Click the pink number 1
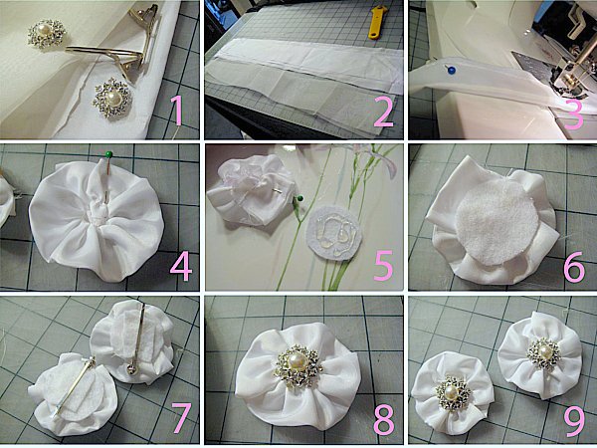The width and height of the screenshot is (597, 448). (178, 111)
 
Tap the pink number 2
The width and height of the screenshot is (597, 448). (383, 112)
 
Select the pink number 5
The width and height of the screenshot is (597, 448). (383, 266)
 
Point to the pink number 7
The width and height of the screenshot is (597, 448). (182, 418)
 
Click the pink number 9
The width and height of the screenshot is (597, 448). (574, 421)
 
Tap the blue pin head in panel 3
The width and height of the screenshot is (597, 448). (452, 70)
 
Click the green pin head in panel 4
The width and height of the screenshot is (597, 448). (108, 154)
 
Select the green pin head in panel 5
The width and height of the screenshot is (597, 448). (300, 198)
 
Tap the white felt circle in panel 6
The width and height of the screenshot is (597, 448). (497, 222)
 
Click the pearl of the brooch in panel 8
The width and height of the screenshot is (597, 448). (298, 361)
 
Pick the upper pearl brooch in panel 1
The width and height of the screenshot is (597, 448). (47, 34)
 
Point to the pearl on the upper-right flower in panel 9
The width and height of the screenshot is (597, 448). (545, 350)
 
